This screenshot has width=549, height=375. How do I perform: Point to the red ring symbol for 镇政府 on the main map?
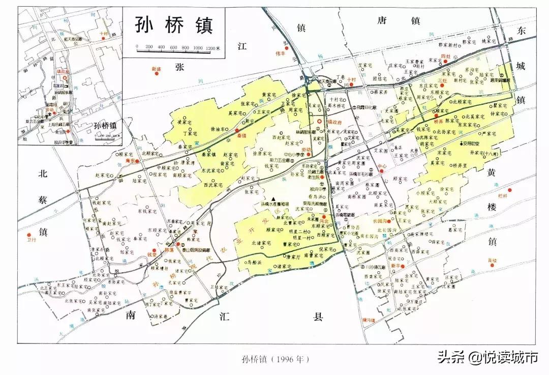[319, 122]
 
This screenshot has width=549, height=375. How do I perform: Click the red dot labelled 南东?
[137, 161]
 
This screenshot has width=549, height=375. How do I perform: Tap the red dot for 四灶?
[446, 61]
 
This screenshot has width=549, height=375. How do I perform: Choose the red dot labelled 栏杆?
[510, 190]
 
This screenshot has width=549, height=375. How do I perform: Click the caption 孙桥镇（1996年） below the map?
[274, 359]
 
